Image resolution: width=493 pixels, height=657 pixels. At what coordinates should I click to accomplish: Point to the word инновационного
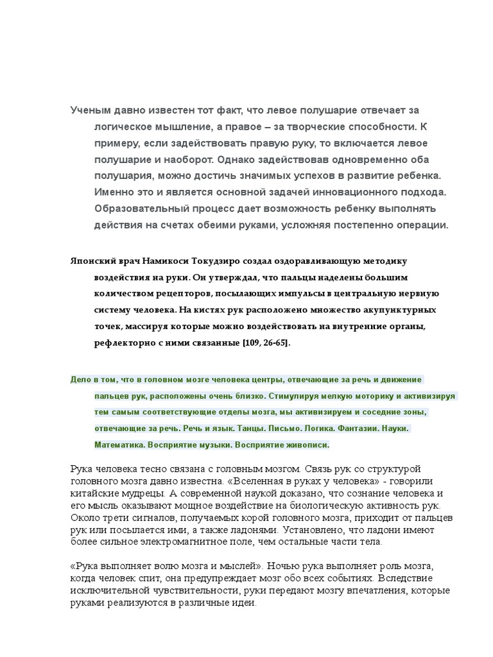[x=348, y=192]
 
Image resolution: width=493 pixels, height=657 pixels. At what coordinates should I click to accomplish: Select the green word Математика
[x=119, y=444]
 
